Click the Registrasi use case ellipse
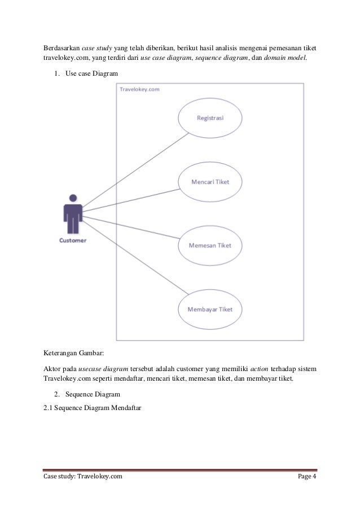pos(210,118)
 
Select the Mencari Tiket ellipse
pos(210,182)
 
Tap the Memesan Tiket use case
pos(210,246)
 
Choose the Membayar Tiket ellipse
pos(210,310)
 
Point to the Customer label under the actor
pos(73,240)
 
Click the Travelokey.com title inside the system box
pos(139,89)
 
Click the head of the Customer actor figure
pos(73,199)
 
